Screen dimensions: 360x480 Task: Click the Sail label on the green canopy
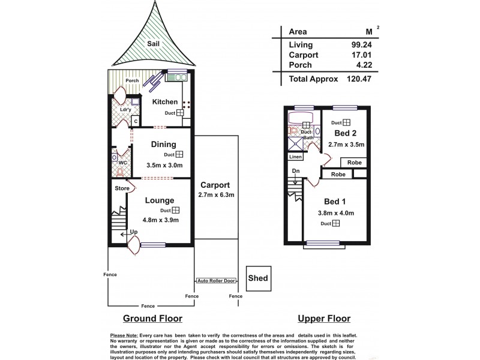(153, 44)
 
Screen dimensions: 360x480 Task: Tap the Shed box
(258, 278)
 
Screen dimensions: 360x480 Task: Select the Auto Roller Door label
(217, 280)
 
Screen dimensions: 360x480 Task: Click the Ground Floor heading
(152, 318)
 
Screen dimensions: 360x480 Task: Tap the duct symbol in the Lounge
(176, 211)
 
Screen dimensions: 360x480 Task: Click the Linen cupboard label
(295, 157)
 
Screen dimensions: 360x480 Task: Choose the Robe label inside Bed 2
(355, 163)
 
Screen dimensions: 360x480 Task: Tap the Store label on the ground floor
(122, 188)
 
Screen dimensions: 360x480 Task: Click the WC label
(122, 162)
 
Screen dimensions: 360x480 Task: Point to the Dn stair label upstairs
(295, 171)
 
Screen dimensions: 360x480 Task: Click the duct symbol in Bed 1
(336, 224)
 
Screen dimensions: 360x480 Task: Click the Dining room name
(163, 144)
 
